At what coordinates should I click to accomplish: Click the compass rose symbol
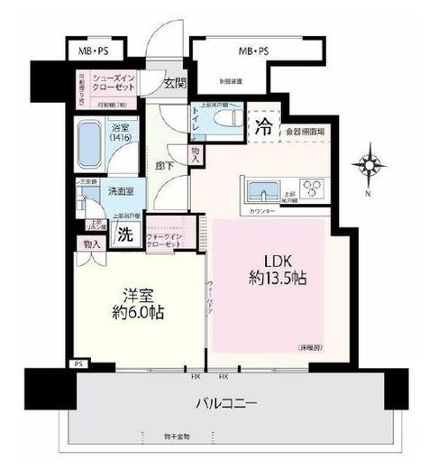[369, 166]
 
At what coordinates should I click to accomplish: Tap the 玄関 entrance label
[174, 84]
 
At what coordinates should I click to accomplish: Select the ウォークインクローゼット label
[163, 243]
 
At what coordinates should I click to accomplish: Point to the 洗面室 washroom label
[123, 191]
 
